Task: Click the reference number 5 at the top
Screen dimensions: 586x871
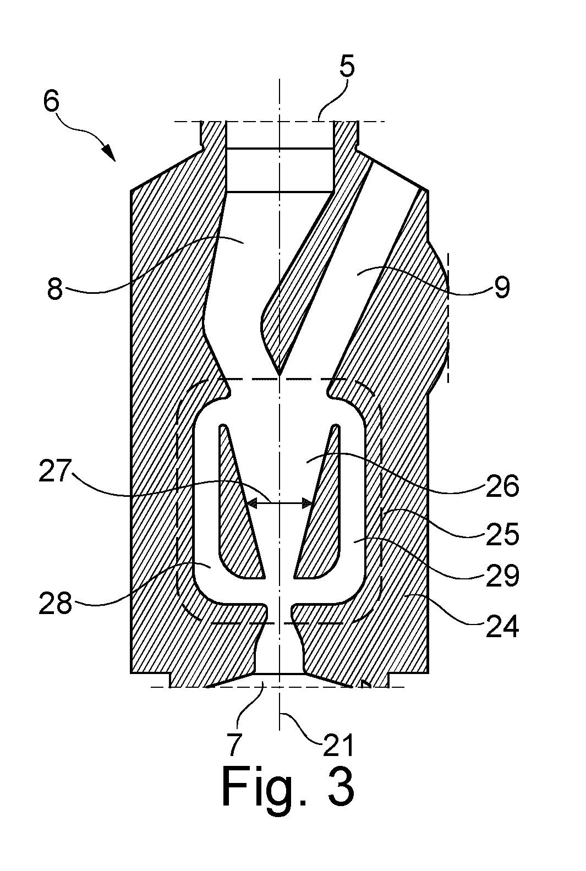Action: [347, 67]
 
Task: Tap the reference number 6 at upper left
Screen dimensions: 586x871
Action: [51, 101]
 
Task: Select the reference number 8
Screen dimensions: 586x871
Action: [55, 288]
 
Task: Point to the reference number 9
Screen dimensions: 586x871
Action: [502, 288]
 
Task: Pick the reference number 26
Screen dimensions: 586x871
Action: [502, 486]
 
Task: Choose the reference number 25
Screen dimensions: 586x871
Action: [502, 534]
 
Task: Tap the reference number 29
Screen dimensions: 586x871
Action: [502, 575]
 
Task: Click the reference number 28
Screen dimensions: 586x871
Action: [56, 603]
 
